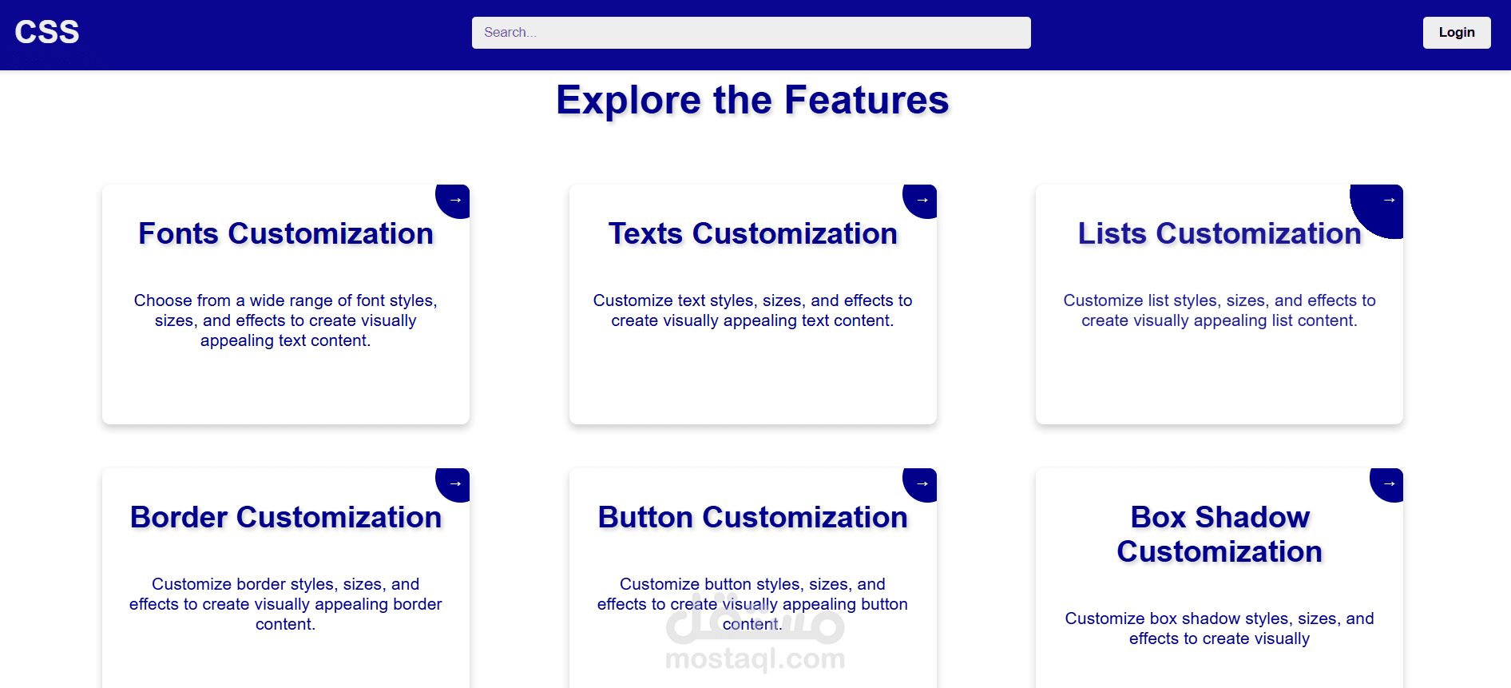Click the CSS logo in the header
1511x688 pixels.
47,32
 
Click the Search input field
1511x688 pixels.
751,33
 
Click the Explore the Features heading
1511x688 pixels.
752,100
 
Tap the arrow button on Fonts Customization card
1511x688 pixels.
454,201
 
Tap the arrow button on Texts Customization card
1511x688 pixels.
921,201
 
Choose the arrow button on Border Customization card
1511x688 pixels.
454,484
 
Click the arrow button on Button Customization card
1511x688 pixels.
921,484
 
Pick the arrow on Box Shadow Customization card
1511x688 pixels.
1388,484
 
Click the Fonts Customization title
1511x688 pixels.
286,233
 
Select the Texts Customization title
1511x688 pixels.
753,233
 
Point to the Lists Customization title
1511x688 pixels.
1220,233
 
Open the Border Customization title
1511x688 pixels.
286,517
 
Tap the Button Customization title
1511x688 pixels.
753,517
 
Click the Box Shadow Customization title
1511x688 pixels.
1220,535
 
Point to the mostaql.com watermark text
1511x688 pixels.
755,658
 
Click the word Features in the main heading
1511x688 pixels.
867,100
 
